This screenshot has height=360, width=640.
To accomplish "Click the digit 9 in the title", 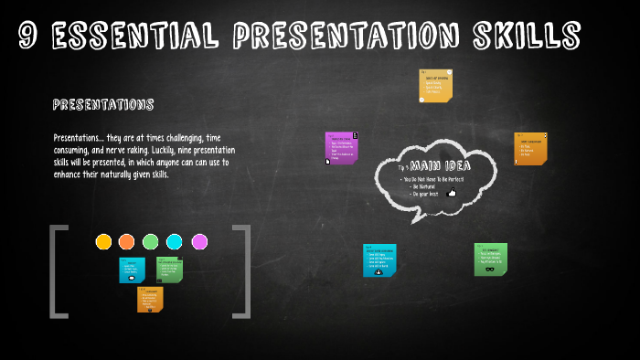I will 29,36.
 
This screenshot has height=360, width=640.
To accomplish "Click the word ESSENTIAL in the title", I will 133,36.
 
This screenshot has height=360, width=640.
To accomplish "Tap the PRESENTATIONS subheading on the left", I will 102,105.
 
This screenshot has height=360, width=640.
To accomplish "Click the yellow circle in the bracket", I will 103,241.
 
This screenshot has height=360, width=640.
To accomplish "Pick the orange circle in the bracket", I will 126,241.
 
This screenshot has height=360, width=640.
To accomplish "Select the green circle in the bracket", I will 150,241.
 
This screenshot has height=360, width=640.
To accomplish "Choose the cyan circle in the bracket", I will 174,241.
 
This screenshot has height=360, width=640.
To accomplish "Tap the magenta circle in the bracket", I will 199,241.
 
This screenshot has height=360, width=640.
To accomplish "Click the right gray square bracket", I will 243,271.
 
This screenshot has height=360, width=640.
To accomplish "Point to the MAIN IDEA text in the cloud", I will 439,166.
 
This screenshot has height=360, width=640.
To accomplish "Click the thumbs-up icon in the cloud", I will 452,193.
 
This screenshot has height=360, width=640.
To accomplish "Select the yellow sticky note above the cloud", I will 435,85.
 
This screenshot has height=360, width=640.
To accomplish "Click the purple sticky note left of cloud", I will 341,149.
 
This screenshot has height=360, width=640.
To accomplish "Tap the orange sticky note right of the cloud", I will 530,149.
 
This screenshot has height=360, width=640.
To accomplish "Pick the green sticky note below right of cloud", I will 490,259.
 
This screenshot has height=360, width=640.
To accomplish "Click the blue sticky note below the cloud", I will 379,259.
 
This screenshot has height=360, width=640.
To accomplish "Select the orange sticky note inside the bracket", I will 150,300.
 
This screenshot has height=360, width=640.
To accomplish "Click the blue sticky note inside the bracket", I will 132,270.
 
